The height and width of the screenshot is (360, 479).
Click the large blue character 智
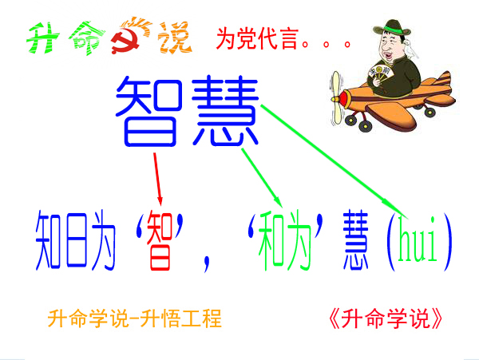[148, 111]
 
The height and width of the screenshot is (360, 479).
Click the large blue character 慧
[225, 110]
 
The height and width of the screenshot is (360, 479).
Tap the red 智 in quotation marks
[160, 241]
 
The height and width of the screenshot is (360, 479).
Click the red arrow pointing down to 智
[157, 179]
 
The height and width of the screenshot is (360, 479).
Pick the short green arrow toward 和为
[262, 178]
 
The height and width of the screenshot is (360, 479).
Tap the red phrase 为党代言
[257, 39]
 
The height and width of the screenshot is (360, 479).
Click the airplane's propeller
[336, 97]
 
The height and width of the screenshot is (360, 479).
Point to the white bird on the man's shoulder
[410, 49]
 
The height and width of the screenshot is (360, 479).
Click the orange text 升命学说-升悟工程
[134, 318]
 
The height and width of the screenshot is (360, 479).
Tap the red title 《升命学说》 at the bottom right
[386, 318]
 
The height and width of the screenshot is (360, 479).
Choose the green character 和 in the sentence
[271, 241]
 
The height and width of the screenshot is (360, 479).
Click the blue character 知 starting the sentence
[48, 240]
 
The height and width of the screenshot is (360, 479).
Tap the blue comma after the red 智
[207, 263]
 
